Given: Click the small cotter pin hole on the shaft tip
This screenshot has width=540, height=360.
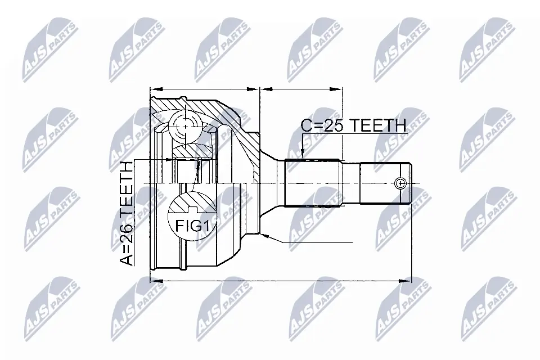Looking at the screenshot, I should [400, 183].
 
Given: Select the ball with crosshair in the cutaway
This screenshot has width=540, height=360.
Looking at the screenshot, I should [185, 128].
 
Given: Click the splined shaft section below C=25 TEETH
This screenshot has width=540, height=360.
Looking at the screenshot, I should [312, 183].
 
